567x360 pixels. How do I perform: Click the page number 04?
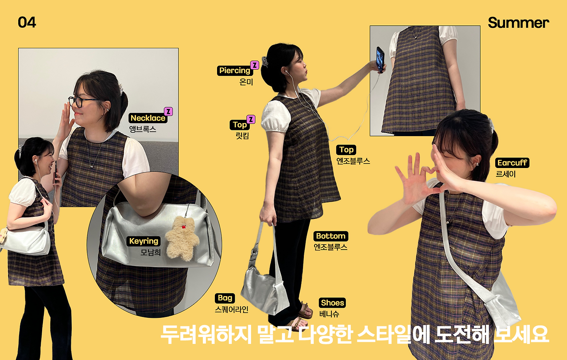(x=27, y=23)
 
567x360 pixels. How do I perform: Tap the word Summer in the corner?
(x=518, y=23)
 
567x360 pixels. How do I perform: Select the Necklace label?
(x=148, y=118)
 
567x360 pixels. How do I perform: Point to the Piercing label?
(x=235, y=70)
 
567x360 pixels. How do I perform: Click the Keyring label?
(x=144, y=241)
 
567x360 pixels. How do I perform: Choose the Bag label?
(x=225, y=298)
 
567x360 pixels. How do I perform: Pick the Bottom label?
(x=330, y=236)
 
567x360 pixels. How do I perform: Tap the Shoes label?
(x=332, y=303)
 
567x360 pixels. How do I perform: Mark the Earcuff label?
(x=512, y=163)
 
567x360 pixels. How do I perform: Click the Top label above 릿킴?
(x=240, y=125)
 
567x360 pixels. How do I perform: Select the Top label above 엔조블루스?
(x=346, y=150)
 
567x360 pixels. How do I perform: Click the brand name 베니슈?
(x=329, y=314)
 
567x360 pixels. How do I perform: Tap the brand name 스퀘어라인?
(x=231, y=309)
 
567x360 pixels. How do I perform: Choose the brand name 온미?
(x=246, y=82)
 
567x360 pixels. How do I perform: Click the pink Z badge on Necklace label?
(x=168, y=111)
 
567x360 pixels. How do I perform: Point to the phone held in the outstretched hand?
(x=380, y=59)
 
